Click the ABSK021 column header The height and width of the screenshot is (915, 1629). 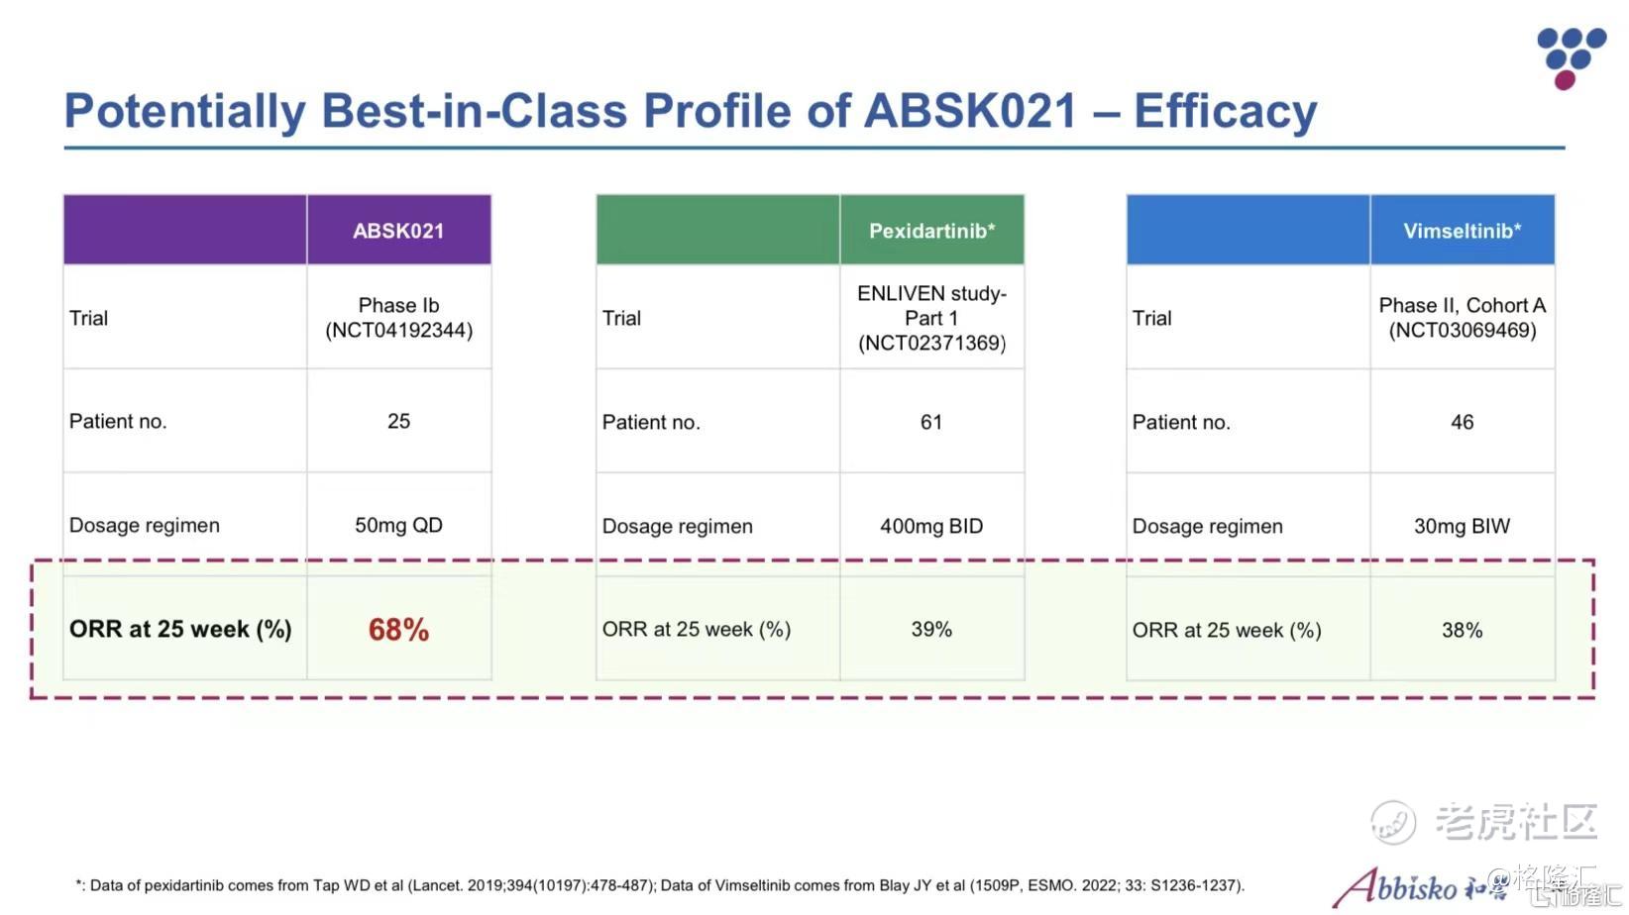coord(398,231)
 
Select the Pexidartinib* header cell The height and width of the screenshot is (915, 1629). coord(931,231)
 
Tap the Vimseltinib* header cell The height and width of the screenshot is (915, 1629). coord(1462,231)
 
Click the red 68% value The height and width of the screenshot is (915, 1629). coord(398,630)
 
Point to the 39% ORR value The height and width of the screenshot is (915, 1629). coord(931,630)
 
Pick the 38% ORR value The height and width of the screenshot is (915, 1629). coord(1462,631)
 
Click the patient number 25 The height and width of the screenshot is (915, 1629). coord(398,422)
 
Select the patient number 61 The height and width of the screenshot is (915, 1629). coord(931,423)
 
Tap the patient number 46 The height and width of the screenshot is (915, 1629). coord(1462,423)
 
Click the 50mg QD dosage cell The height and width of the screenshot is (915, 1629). coord(398,526)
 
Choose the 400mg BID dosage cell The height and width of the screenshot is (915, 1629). coord(931,527)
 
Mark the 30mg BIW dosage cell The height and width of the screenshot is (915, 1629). coord(1462,527)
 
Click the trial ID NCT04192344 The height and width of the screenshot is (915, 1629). coord(399,331)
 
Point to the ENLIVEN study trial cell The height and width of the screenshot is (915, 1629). coord(931,318)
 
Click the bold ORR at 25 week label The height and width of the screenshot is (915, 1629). coord(180,630)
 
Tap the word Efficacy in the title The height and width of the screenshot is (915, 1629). coord(1225,111)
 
